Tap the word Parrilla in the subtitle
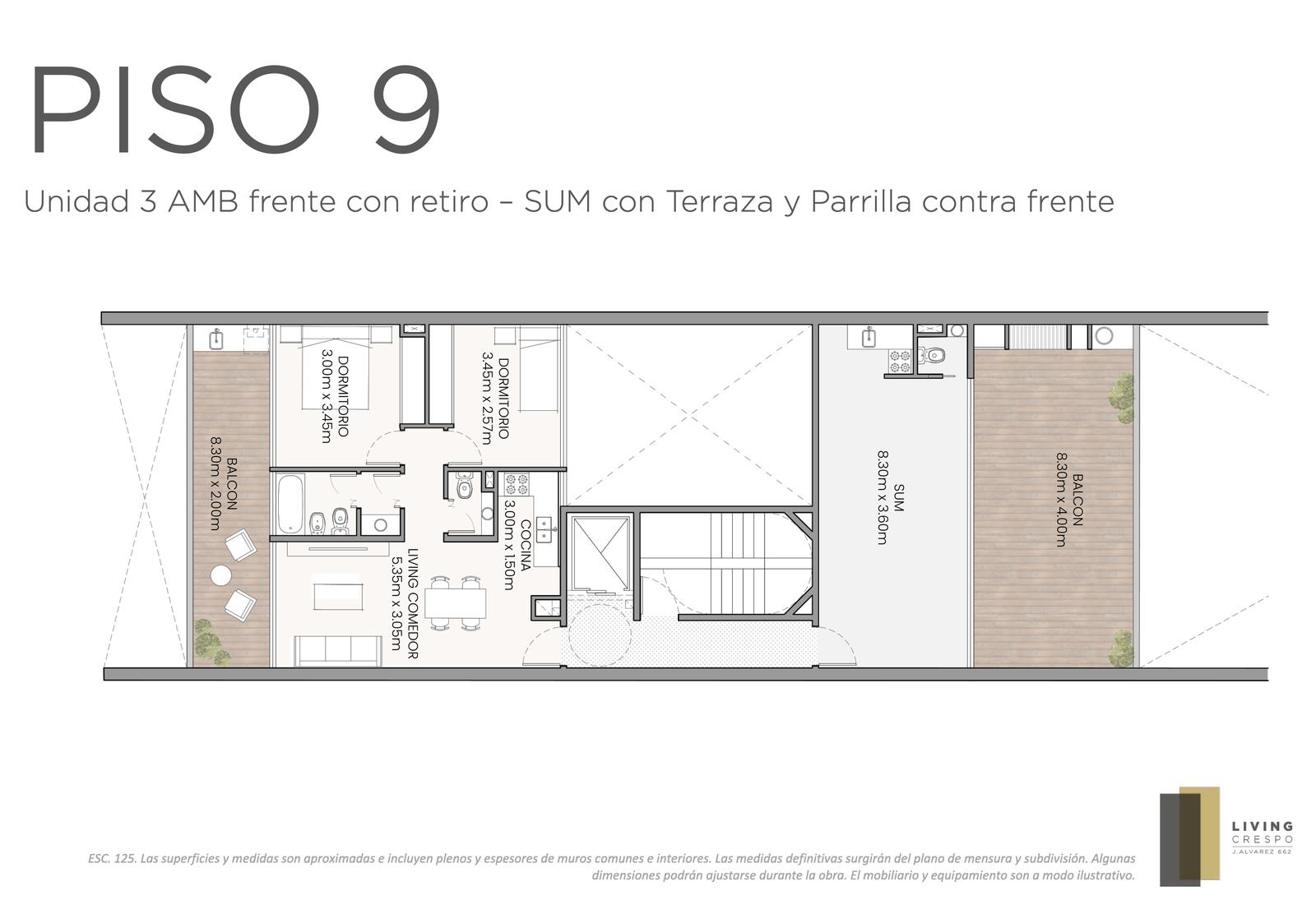point(860,201)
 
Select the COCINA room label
point(526,544)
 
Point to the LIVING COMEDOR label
point(412,603)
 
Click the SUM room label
point(898,497)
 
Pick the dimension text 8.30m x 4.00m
point(1060,499)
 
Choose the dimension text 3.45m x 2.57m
point(487,398)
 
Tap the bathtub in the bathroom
point(290,504)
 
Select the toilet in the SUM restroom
point(934,355)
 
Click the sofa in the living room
point(338,651)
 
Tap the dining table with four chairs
point(456,603)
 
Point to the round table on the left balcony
point(221,575)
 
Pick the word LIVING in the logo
point(1263,828)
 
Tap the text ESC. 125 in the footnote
point(113,859)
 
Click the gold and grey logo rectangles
point(1189,836)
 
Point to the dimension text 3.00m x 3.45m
point(327,396)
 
